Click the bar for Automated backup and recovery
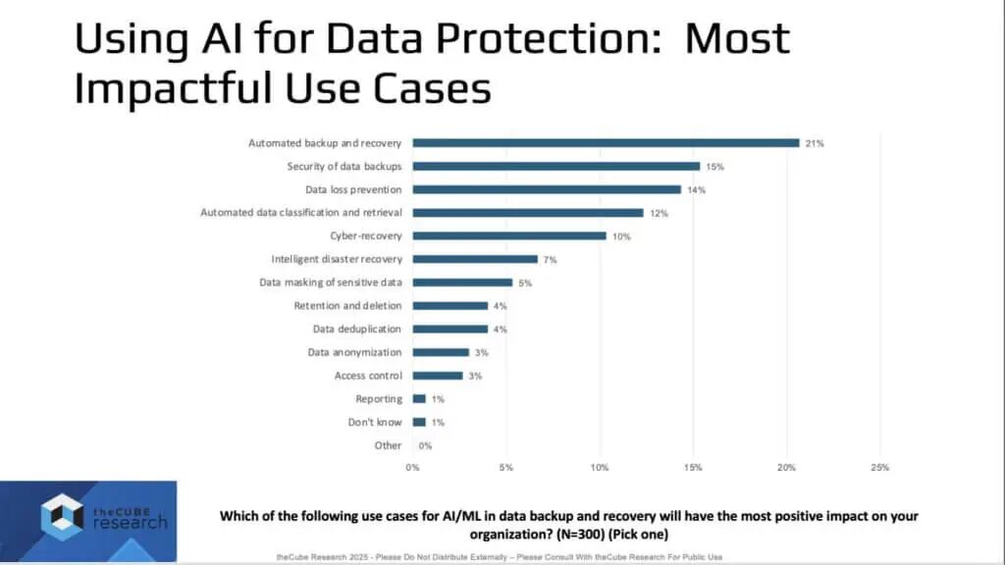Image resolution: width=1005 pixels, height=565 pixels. tap(606, 142)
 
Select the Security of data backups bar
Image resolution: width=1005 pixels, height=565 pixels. tap(555, 166)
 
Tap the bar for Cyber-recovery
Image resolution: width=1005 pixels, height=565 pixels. tap(509, 235)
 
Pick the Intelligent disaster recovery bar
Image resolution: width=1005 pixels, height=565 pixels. tap(475, 259)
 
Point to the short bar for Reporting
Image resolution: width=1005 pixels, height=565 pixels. tap(419, 398)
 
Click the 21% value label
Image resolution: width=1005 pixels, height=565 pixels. tap(815, 143)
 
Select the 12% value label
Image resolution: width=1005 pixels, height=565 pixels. tap(660, 213)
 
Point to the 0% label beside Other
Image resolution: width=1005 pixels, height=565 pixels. tap(424, 445)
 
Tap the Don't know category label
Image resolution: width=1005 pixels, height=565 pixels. tap(375, 422)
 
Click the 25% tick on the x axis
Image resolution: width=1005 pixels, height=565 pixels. tap(878, 468)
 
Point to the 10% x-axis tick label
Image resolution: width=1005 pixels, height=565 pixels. tap(599, 468)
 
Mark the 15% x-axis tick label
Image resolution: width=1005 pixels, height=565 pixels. tap(692, 468)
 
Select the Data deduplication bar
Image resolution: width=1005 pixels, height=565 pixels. tap(450, 329)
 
